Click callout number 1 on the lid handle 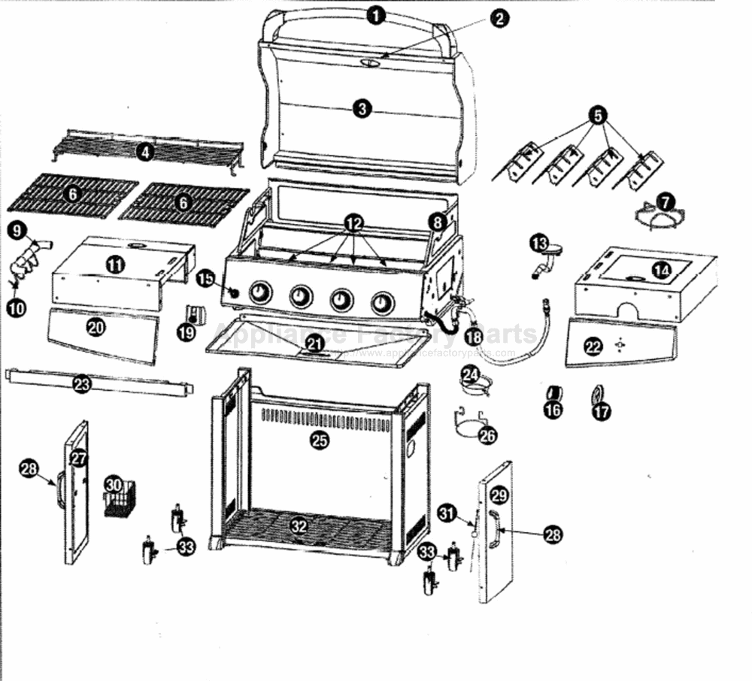tap(377, 15)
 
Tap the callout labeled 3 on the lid tap(362, 108)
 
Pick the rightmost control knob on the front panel tap(383, 302)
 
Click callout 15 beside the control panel tap(205, 279)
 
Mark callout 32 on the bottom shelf tap(299, 525)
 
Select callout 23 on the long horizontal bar tap(82, 384)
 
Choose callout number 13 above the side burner tap(539, 244)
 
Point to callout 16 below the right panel tap(553, 410)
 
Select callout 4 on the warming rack tap(144, 152)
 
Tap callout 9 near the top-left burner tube tap(18, 230)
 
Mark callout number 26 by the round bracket tap(488, 434)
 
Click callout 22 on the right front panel tap(593, 347)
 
